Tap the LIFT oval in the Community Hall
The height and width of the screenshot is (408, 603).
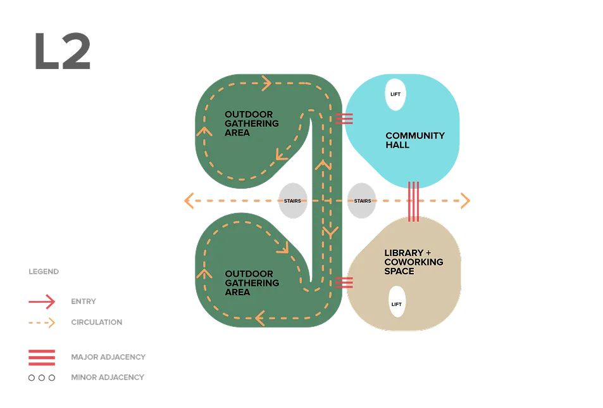[395, 95]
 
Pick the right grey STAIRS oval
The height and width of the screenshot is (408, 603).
[362, 201]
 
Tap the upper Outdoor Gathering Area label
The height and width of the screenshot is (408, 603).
[251, 124]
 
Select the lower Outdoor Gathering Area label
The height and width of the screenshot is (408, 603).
[251, 283]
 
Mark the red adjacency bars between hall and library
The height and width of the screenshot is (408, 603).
[413, 201]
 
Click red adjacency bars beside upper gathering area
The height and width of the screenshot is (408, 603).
[344, 118]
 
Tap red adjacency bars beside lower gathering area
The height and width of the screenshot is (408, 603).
[344, 283]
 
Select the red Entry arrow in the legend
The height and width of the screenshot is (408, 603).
[41, 302]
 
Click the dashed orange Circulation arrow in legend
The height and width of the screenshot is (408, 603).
[41, 323]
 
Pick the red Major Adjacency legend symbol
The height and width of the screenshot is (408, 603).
[41, 357]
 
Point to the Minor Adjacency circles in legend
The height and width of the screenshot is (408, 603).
[41, 378]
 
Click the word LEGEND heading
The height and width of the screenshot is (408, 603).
[43, 272]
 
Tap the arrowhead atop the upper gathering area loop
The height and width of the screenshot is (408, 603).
[266, 83]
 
